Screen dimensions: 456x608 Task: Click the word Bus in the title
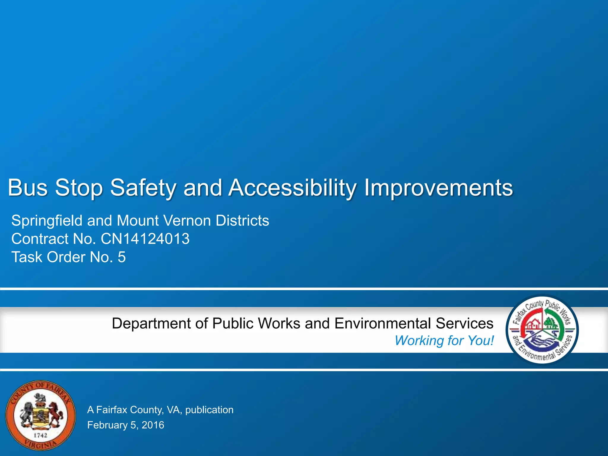pos(27,188)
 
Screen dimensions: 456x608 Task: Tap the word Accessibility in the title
pos(292,188)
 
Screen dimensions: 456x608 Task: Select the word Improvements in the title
pos(438,188)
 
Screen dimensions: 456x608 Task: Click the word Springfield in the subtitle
pos(47,221)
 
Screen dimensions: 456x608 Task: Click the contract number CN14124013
pos(145,239)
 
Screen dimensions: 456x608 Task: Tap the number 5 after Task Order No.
pos(122,257)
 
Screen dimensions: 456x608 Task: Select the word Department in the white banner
pos(151,323)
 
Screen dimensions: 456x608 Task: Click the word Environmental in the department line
pos(382,323)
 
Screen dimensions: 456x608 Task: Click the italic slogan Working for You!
pos(444,341)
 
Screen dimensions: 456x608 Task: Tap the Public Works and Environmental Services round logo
pos(542,330)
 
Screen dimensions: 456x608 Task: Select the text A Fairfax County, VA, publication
pos(160,410)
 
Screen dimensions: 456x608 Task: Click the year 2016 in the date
pos(153,425)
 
